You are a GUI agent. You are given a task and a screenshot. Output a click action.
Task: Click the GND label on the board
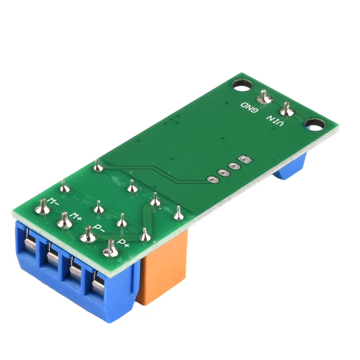250,107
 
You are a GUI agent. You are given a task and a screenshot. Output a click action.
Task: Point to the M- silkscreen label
53,201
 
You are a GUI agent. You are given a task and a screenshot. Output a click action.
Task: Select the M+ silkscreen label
78,215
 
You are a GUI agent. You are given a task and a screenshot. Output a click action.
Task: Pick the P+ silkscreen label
123,244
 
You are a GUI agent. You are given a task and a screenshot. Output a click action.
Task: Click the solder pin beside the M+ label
64,221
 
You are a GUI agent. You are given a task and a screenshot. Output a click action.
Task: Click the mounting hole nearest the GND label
242,86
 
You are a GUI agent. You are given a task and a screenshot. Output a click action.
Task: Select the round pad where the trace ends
212,179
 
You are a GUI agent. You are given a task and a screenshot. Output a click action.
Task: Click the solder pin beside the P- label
87,235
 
